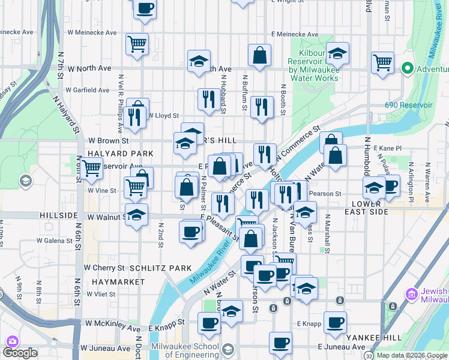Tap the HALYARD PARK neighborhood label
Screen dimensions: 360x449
coord(116,154)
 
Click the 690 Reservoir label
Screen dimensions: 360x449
coord(408,105)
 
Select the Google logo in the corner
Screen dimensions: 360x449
coord(20,353)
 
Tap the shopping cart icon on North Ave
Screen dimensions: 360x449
coord(382,62)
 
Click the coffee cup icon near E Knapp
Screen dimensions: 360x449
coord(334,322)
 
